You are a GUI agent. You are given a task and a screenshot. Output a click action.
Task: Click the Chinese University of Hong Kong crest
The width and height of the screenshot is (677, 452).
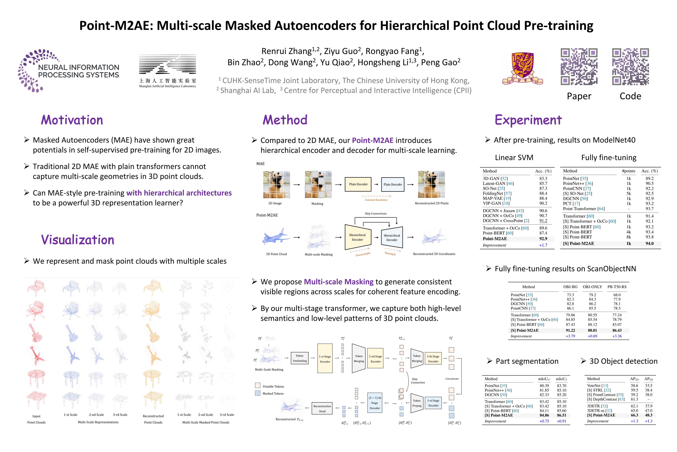522,68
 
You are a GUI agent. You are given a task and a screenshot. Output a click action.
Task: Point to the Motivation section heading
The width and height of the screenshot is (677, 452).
72,120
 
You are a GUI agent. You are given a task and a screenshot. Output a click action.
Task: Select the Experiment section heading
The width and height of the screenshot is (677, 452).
528,120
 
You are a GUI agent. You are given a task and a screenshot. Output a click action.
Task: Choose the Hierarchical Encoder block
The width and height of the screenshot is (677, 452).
357,237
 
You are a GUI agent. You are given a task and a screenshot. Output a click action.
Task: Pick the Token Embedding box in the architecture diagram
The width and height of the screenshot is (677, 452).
300,358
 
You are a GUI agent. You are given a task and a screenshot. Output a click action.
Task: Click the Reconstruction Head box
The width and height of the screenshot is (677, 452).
322,409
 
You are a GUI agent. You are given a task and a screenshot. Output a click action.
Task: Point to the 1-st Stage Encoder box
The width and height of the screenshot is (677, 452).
325,359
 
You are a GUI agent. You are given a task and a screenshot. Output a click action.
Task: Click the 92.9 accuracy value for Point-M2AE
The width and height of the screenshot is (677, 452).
543,239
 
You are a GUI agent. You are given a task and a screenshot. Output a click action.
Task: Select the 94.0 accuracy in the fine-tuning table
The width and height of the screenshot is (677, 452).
649,244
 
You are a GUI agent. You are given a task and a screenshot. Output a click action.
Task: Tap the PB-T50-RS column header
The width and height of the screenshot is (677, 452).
617,287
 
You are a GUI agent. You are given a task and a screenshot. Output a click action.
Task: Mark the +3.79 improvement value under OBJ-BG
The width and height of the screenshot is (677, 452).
570,336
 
